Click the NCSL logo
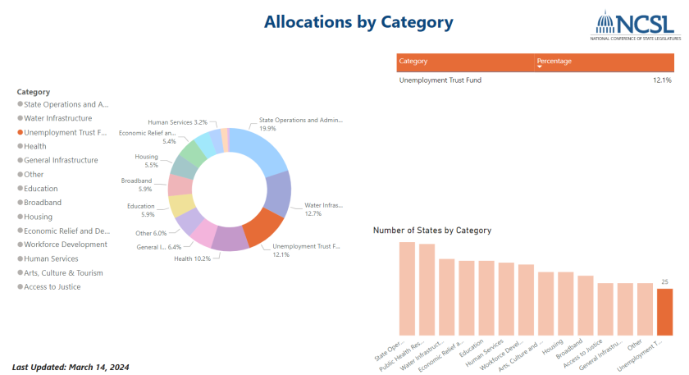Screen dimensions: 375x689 635,26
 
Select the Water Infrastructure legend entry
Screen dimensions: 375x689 57,118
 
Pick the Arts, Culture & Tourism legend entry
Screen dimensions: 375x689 63,272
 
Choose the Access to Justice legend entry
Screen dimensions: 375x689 52,286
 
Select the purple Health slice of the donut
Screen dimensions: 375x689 230,238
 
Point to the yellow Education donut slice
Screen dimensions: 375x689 181,205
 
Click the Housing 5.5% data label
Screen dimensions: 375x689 148,161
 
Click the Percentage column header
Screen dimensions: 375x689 554,62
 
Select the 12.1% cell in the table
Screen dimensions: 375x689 662,80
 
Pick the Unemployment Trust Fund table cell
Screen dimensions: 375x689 440,80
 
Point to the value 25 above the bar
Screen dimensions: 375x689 664,281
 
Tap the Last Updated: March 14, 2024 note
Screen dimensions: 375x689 71,367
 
